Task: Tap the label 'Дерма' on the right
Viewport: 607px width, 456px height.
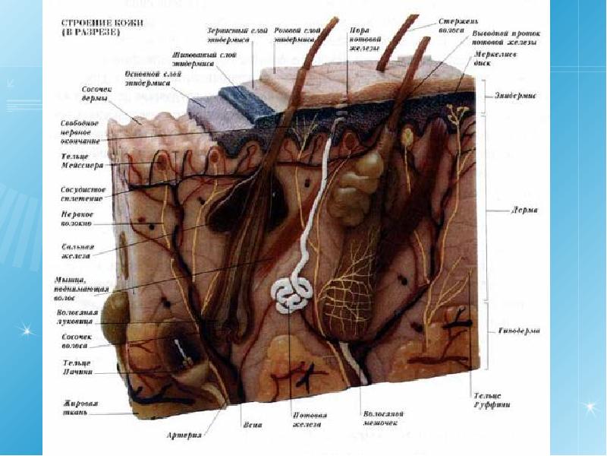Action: [523, 211]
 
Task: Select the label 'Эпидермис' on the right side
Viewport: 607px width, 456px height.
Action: [515, 97]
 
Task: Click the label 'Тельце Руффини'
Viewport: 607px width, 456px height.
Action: [492, 401]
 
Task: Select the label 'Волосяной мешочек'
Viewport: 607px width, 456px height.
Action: [383, 418]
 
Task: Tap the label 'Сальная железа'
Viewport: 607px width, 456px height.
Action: [76, 252]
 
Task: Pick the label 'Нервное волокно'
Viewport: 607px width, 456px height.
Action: [77, 220]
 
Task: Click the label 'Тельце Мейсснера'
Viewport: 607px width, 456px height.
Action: [83, 160]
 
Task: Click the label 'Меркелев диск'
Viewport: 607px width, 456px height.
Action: [491, 59]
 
